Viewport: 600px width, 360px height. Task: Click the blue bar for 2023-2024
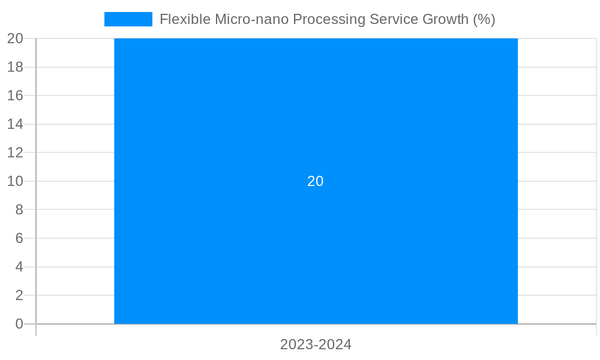[316, 252]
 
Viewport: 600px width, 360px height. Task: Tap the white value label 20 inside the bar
[316, 181]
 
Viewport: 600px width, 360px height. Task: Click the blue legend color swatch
[128, 19]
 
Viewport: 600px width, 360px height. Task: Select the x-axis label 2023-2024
[316, 345]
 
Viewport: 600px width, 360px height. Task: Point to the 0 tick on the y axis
[19, 324]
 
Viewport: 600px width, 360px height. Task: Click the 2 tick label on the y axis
[19, 295]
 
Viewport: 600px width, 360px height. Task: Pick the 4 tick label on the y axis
[19, 267]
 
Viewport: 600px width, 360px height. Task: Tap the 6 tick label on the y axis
[19, 238]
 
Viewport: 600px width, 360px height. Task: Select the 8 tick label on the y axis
[19, 210]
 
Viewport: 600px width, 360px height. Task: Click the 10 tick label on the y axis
[15, 181]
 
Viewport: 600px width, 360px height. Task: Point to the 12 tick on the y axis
[15, 152]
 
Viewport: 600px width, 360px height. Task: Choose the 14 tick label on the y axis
[15, 124]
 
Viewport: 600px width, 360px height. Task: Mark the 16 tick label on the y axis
[15, 95]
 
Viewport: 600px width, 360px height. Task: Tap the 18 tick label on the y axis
[15, 67]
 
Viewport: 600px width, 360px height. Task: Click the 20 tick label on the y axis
[15, 38]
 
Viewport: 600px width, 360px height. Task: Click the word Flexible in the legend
[185, 19]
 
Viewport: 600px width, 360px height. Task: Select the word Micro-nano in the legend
[251, 19]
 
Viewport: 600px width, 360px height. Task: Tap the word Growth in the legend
[443, 19]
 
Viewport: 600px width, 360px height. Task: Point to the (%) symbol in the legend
[484, 19]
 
